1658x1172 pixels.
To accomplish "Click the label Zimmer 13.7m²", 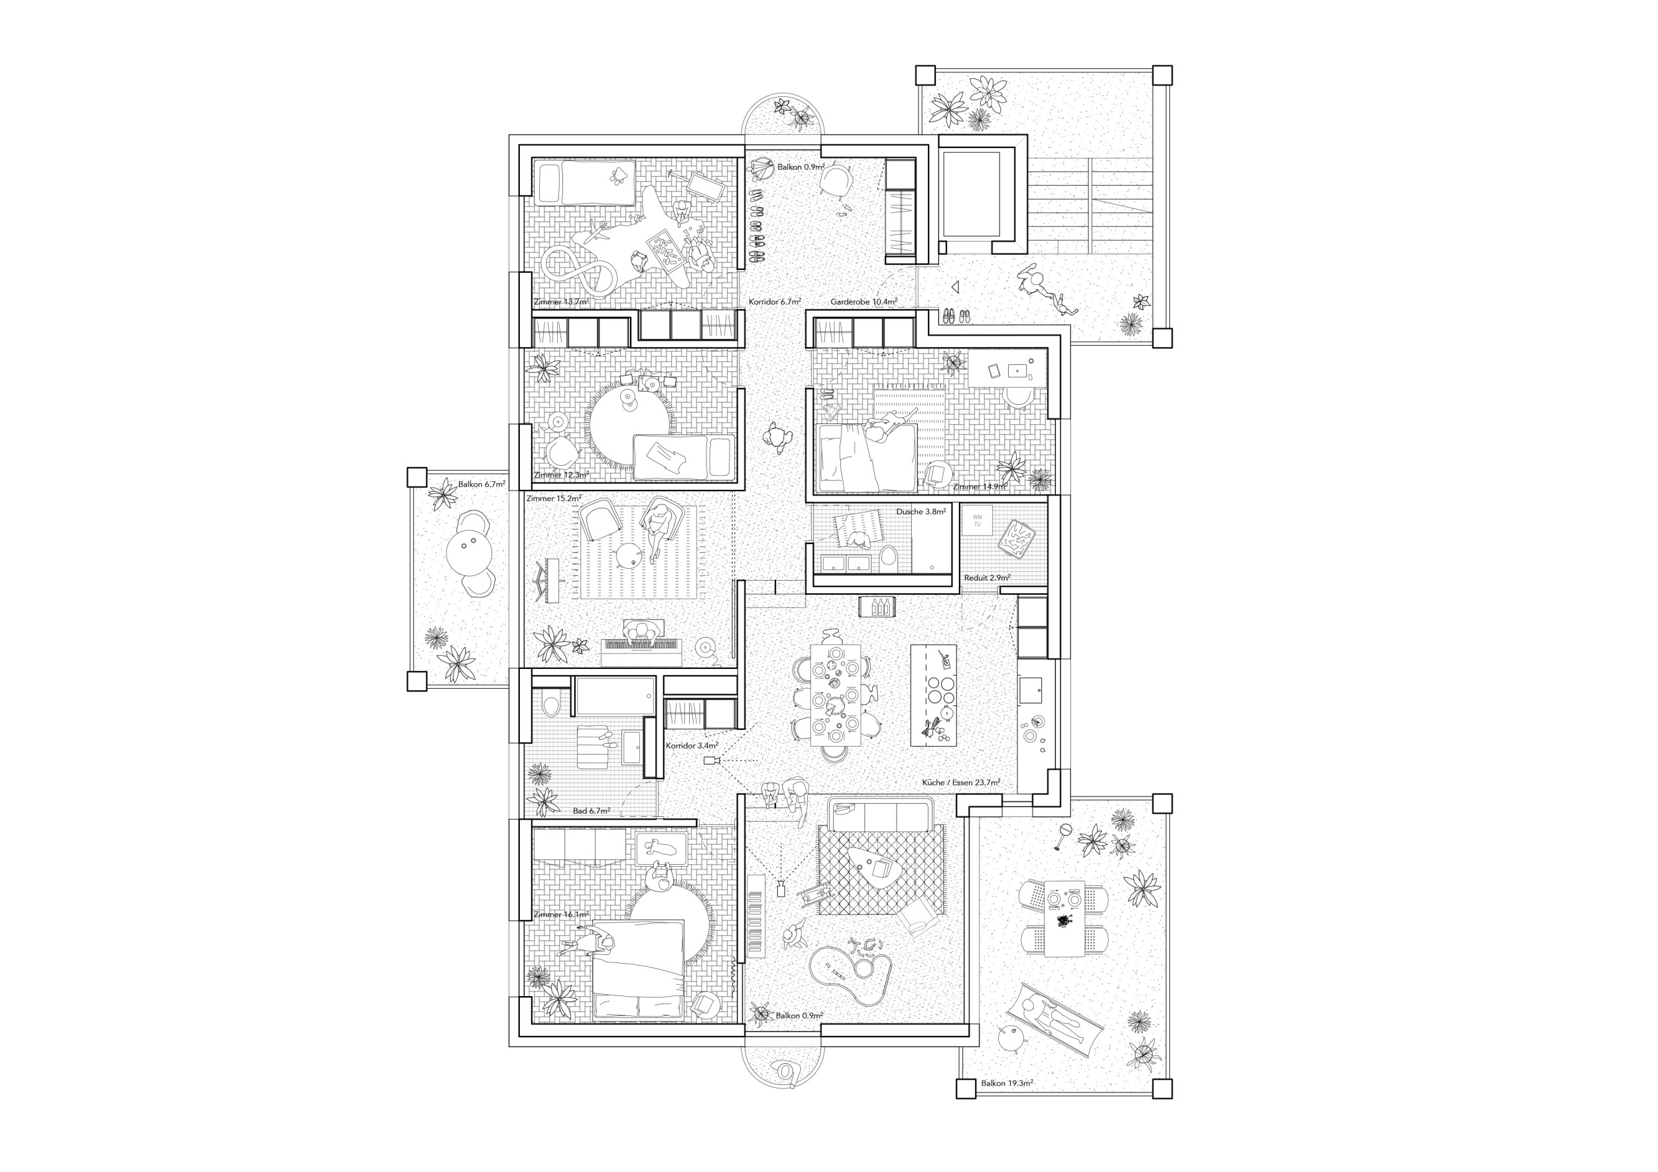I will click(561, 301).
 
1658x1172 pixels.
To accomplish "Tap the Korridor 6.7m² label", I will click(774, 301).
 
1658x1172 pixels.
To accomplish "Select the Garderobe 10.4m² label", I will click(863, 301).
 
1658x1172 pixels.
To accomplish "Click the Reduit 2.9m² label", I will click(986, 578).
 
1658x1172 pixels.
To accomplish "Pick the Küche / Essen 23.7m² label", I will click(960, 782).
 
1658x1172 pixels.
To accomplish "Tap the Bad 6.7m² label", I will click(592, 811).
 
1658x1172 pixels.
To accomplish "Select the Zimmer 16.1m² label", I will click(561, 915).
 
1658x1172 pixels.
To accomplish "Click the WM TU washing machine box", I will click(977, 520).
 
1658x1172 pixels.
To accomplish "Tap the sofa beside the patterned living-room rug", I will click(880, 815).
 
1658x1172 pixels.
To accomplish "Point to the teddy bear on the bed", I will click(617, 174).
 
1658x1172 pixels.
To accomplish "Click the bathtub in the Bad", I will click(618, 695).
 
